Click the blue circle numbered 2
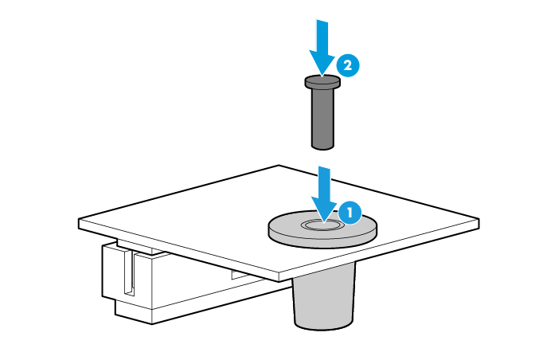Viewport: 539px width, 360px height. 348,65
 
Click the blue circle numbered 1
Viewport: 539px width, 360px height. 350,213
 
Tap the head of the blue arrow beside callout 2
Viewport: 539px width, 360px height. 322,63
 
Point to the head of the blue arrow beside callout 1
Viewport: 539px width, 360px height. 324,209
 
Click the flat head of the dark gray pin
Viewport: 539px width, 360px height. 322,82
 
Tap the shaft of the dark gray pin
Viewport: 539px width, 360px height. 322,118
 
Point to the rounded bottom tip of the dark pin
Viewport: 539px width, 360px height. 322,147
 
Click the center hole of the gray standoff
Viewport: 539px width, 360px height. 322,225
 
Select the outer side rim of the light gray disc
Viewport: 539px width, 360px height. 322,240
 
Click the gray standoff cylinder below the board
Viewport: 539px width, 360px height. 323,295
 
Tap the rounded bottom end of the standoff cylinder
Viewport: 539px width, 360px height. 323,326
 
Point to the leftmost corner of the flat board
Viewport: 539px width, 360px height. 79,219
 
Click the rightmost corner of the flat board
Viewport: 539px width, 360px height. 479,219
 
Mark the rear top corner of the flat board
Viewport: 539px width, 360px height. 279,165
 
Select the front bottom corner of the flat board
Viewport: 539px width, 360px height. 279,281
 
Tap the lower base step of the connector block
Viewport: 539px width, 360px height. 134,312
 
